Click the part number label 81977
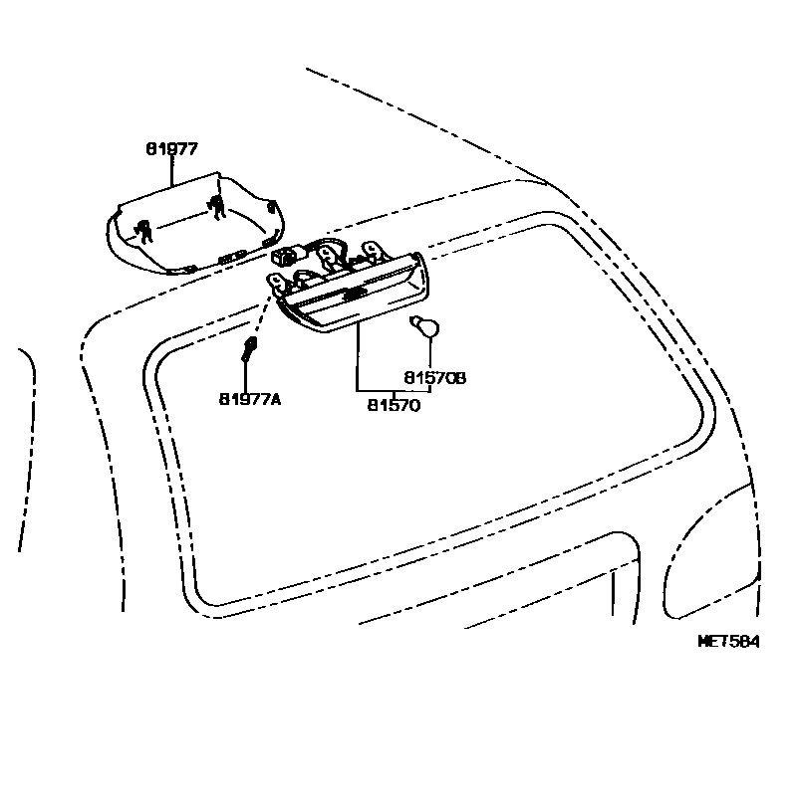171,148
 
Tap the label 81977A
250,399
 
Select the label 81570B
435,378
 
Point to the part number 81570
394,405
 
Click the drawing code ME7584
727,642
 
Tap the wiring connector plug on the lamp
289,256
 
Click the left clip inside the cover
145,231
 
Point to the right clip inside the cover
216,207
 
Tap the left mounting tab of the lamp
273,284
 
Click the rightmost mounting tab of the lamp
375,249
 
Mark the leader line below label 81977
171,171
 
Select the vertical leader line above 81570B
430,353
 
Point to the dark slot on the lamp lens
351,295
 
